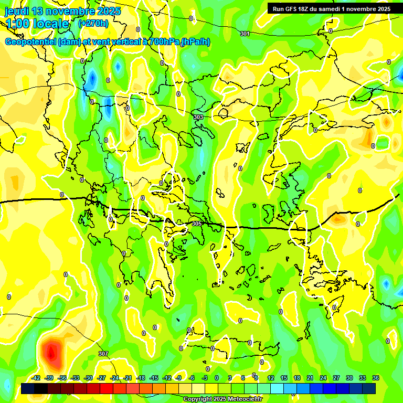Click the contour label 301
click(245, 34)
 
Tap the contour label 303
click(198, 117)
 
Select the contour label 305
click(197, 224)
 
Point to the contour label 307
click(103, 354)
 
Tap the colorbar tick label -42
click(36, 378)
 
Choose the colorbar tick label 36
click(376, 378)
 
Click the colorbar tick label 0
click(217, 378)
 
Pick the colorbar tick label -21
click(128, 378)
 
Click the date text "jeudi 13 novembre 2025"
click(62, 11)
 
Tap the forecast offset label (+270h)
click(93, 24)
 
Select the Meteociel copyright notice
click(222, 399)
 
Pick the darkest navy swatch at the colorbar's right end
click(369, 389)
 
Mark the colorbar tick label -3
click(205, 378)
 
